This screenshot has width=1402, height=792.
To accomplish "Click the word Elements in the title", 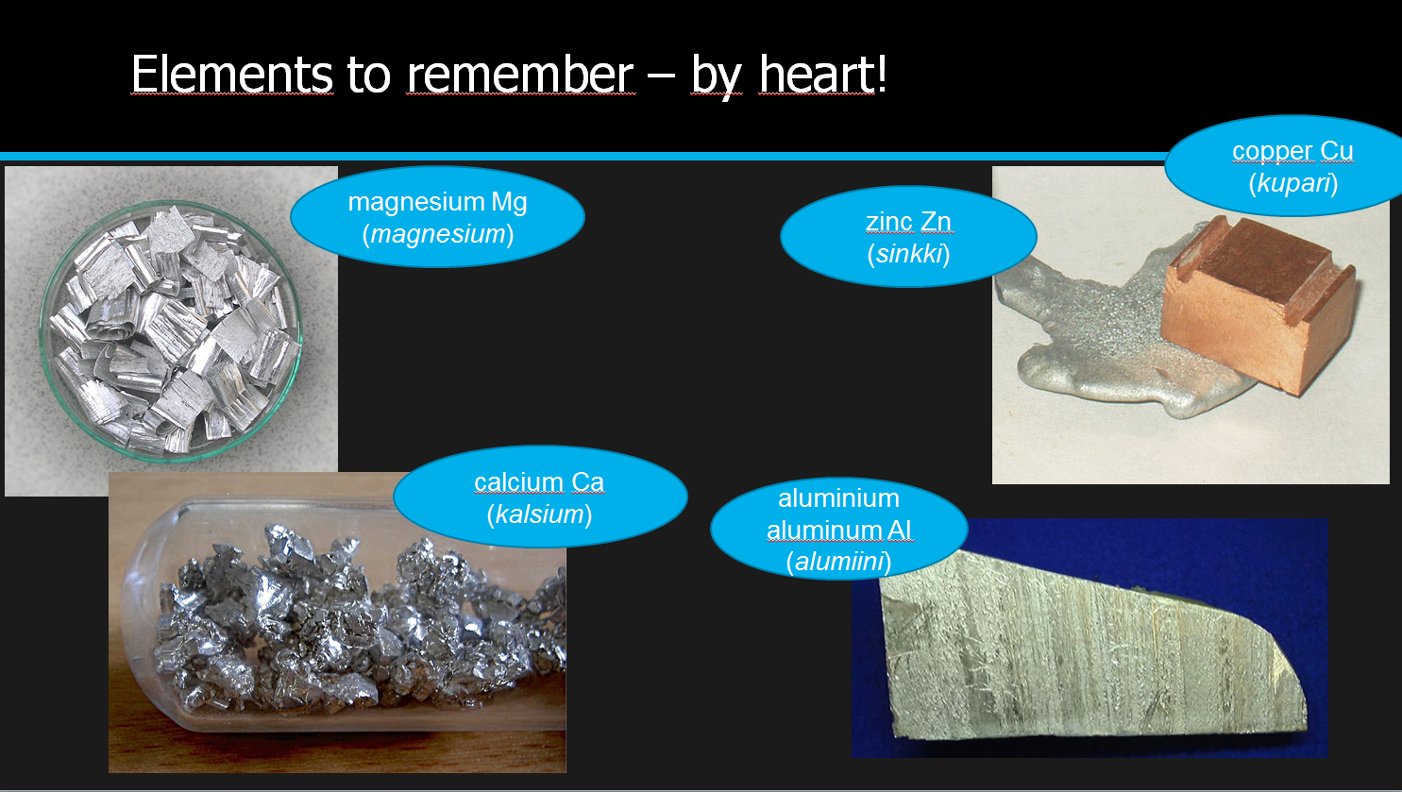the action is [232, 75].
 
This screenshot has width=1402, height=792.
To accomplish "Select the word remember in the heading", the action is [521, 75].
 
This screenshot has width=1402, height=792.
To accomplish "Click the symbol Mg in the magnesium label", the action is [509, 203].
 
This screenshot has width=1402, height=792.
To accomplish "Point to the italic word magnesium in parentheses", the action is [437, 235].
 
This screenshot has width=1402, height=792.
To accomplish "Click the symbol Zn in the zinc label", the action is [936, 222].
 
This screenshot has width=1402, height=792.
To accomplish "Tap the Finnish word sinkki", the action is [909, 254].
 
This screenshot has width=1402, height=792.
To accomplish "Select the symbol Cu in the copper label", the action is [1336, 151].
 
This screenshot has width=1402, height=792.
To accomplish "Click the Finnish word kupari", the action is [1293, 183].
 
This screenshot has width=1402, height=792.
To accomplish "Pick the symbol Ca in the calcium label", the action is [587, 482].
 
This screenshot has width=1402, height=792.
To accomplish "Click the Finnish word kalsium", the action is [539, 514].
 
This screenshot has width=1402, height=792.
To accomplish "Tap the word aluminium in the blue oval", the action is [838, 498].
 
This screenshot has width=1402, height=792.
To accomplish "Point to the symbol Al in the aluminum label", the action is [899, 531].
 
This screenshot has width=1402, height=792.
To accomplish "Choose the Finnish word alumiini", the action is [838, 562].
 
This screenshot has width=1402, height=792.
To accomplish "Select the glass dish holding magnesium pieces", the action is [171, 330].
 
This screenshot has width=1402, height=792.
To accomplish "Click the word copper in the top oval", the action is [1273, 151].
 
